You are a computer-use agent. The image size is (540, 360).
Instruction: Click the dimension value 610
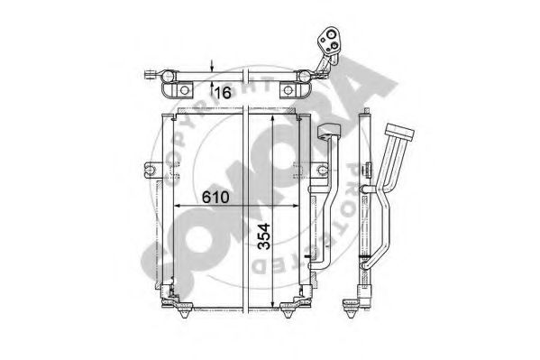click(215, 198)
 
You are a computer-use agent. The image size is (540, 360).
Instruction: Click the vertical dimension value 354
click(264, 236)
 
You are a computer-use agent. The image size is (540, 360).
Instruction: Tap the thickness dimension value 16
click(223, 92)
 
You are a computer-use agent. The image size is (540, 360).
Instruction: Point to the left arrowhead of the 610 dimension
click(178, 206)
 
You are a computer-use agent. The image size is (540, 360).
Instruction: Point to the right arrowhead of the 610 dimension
click(295, 206)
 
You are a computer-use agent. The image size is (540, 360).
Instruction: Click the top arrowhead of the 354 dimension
click(273, 119)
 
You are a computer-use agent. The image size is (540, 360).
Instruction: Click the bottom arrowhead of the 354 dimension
click(273, 303)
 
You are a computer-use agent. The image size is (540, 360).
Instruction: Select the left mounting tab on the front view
click(151, 170)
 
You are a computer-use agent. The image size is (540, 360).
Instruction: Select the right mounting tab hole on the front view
click(323, 170)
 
